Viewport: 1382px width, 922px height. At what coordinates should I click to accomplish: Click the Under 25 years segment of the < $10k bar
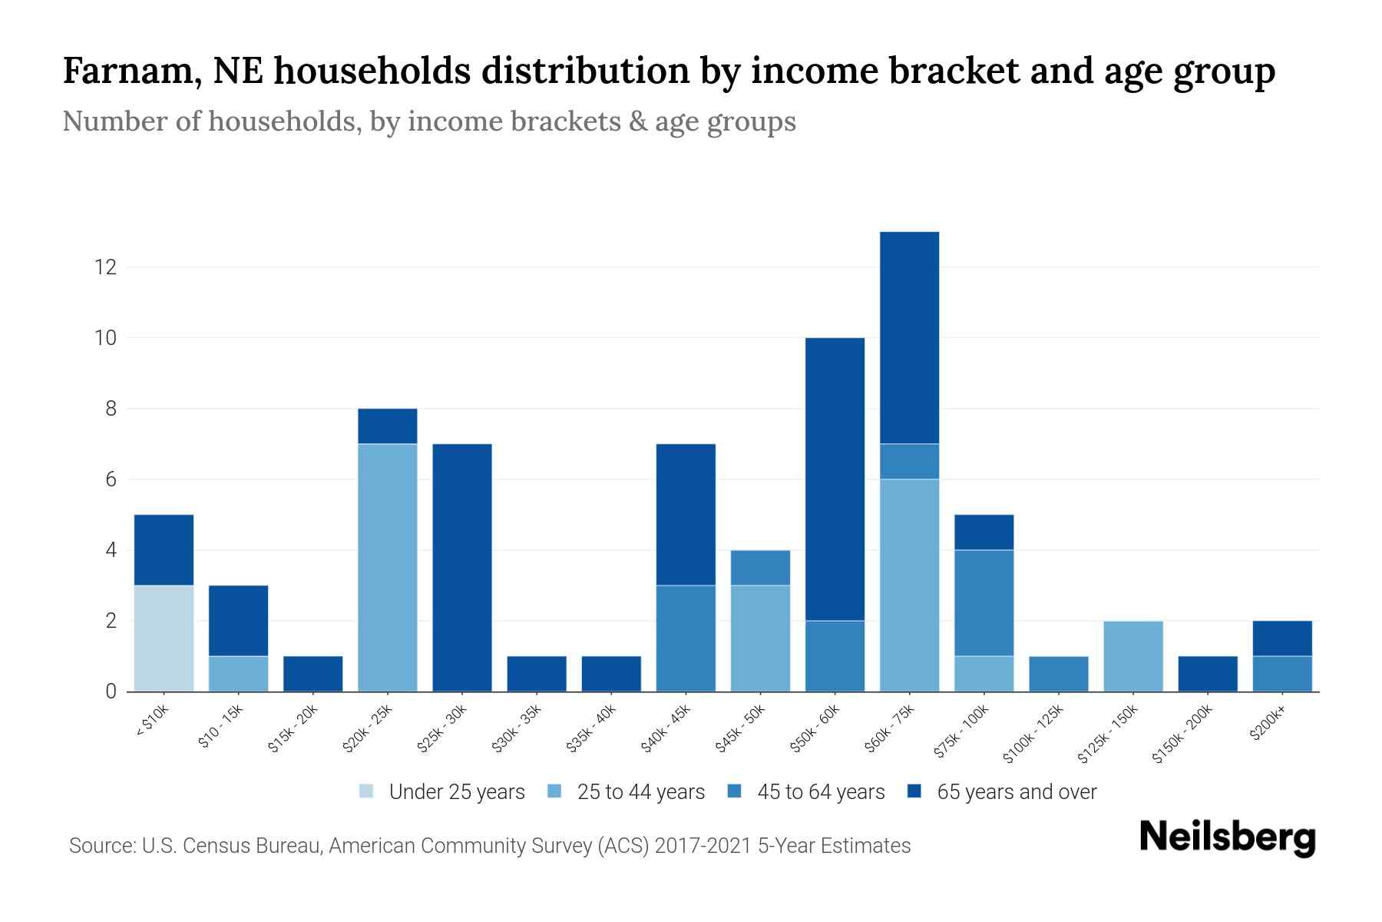coord(164,638)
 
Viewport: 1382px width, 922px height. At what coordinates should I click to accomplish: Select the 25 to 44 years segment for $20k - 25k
coord(388,567)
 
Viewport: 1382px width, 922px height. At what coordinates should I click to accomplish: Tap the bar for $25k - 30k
coord(462,567)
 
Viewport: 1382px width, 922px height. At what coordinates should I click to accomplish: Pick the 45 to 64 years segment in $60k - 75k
coord(909,461)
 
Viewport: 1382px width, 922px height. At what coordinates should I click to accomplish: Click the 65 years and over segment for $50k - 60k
coord(835,479)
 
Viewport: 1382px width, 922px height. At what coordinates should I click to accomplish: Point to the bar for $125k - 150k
coord(1132,655)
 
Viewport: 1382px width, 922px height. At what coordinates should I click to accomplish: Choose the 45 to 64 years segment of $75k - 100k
coord(984,602)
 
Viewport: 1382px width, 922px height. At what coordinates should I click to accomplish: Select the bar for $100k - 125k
coord(1058,673)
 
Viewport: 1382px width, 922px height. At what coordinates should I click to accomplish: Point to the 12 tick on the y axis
coord(105,267)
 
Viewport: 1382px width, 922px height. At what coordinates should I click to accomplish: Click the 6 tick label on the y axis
coord(111,479)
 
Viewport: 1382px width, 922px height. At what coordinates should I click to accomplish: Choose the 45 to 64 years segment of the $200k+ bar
coord(1281,673)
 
